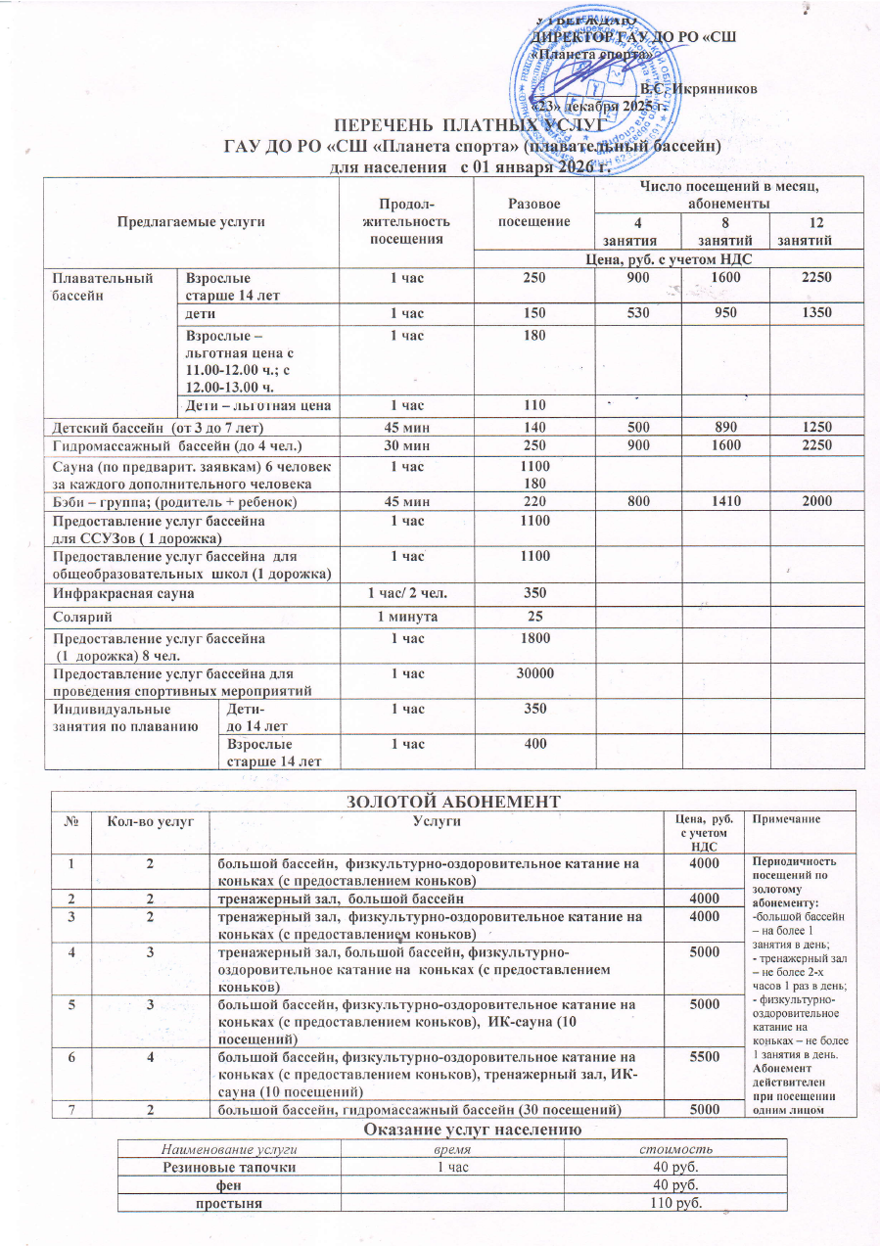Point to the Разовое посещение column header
(534, 213)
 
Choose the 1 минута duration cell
(406, 618)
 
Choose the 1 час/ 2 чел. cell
(406, 593)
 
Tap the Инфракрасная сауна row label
(122, 593)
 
